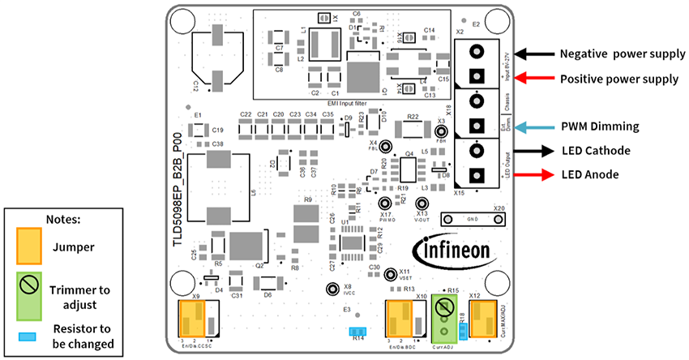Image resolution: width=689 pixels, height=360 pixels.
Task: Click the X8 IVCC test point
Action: pos(331,289)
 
